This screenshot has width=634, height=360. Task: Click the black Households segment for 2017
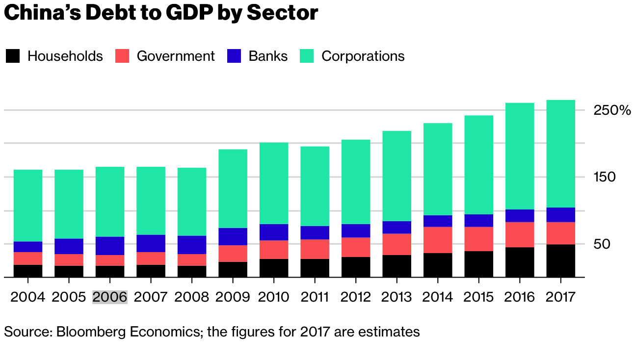click(x=560, y=260)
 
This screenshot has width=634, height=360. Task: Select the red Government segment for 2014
click(x=438, y=240)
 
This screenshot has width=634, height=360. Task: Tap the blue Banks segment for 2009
click(x=233, y=236)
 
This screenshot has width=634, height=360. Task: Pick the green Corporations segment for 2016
click(x=520, y=156)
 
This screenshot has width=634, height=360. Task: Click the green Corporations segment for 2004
click(x=28, y=206)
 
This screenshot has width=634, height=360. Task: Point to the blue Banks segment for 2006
click(x=110, y=246)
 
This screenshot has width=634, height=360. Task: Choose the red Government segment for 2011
click(x=315, y=249)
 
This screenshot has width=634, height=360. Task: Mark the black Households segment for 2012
click(x=356, y=267)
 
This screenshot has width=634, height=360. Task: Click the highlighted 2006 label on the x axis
click(x=110, y=297)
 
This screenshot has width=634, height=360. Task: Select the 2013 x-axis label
click(x=396, y=297)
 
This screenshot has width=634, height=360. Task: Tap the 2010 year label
click(x=274, y=297)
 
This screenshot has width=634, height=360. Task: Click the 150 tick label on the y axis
click(x=605, y=177)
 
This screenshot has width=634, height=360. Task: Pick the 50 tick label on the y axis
click(x=601, y=244)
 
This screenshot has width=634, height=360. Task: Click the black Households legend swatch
click(x=13, y=56)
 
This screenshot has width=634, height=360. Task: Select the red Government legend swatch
click(x=122, y=56)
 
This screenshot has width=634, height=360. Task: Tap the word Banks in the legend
click(x=268, y=56)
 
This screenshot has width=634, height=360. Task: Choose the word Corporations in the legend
click(x=363, y=56)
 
